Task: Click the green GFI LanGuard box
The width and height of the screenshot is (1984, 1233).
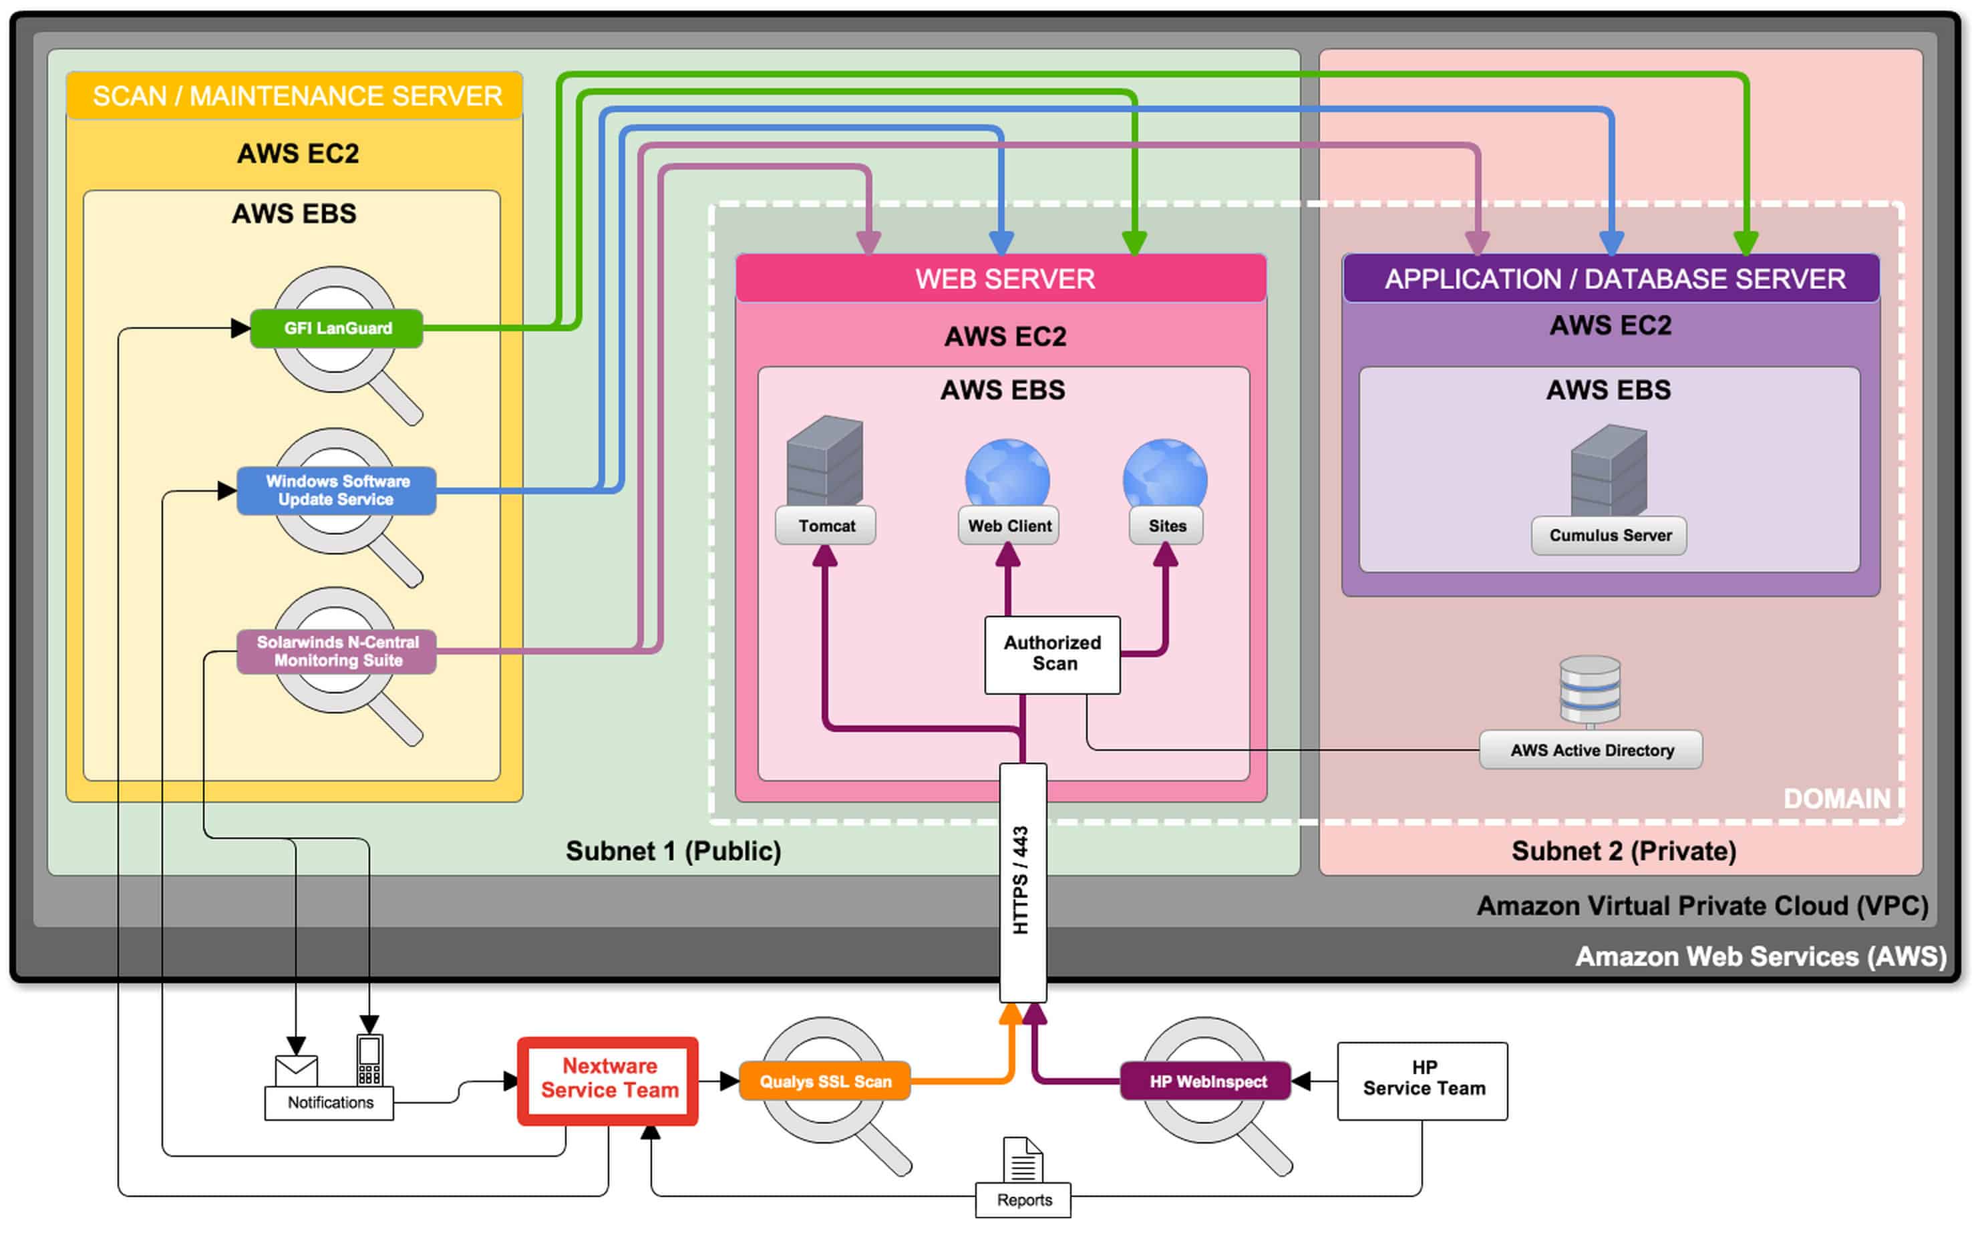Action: coord(337,329)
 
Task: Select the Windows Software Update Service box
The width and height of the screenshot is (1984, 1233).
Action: coord(337,491)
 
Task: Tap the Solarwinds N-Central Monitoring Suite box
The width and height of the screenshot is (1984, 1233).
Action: coord(337,651)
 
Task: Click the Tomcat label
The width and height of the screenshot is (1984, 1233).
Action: coord(827,526)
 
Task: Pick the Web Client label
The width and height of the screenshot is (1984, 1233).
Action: coord(1009,526)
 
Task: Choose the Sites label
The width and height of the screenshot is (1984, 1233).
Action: coord(1167,526)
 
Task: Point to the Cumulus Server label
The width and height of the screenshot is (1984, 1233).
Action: coord(1610,536)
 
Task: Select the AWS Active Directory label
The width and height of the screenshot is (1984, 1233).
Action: coord(1592,750)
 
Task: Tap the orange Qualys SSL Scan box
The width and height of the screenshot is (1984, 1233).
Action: coord(825,1081)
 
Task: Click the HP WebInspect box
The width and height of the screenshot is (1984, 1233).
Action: coord(1207,1081)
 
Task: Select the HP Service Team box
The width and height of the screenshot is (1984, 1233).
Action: coord(1424,1081)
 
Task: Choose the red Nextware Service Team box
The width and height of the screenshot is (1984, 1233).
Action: coord(609,1081)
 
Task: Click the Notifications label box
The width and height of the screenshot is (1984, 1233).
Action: coord(329,1103)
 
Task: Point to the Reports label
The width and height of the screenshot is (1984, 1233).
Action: coord(1024,1200)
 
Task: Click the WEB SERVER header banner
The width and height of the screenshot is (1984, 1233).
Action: coord(1002,279)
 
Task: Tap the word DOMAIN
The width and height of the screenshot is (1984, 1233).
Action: coord(1837,799)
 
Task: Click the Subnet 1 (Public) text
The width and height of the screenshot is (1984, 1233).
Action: coord(673,852)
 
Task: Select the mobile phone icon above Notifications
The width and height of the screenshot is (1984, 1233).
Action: coord(369,1060)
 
